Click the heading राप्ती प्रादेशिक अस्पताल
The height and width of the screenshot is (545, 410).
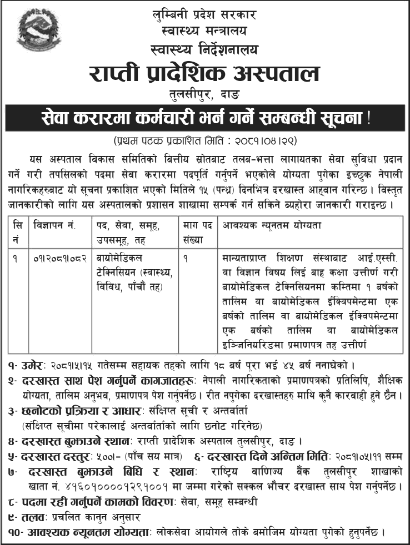pos(204,74)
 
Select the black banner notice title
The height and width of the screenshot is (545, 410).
pos(205,118)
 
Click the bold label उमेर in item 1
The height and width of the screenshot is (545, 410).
pos(27,367)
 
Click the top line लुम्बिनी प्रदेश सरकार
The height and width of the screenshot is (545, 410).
pos(204,12)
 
